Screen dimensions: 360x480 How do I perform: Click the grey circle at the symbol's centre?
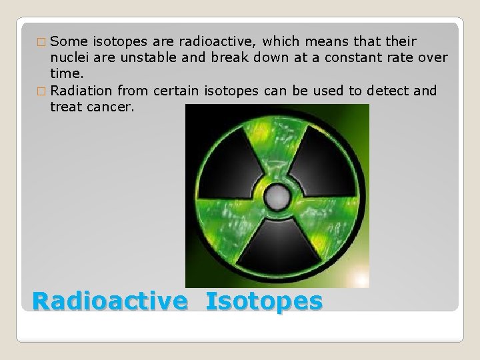pos(277,197)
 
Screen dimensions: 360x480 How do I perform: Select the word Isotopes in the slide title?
pos(264,301)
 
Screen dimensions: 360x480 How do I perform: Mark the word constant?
pos(348,58)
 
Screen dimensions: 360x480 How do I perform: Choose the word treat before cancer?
pos(65,106)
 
